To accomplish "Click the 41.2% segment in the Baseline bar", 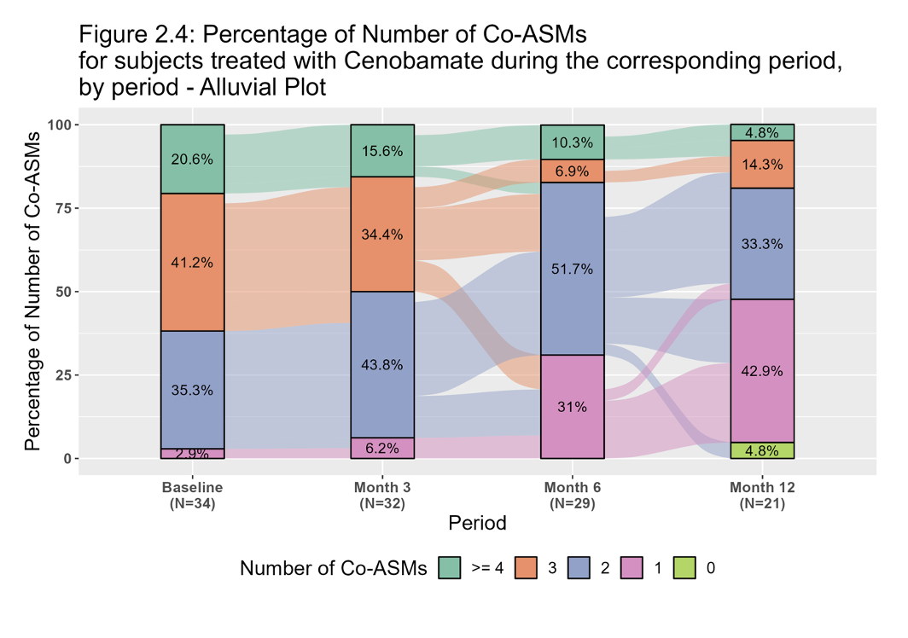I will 192,262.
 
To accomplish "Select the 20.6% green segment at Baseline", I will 192,159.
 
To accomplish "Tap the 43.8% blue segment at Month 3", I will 381,364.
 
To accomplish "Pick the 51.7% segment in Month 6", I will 572,269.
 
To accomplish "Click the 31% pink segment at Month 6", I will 572,407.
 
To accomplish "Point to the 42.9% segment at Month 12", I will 762,370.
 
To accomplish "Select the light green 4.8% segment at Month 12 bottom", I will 762,450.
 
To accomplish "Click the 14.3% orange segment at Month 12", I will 762,165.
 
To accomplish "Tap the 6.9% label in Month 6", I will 572,171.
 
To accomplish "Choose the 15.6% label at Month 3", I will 381,151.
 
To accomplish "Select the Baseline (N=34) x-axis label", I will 192,496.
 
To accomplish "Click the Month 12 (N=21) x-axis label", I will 762,496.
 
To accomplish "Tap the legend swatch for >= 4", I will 450,568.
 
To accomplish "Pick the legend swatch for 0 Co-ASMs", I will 684,568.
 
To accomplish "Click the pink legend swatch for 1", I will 632,568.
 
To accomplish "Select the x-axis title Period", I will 477,523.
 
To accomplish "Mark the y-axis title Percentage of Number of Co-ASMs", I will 32,292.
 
